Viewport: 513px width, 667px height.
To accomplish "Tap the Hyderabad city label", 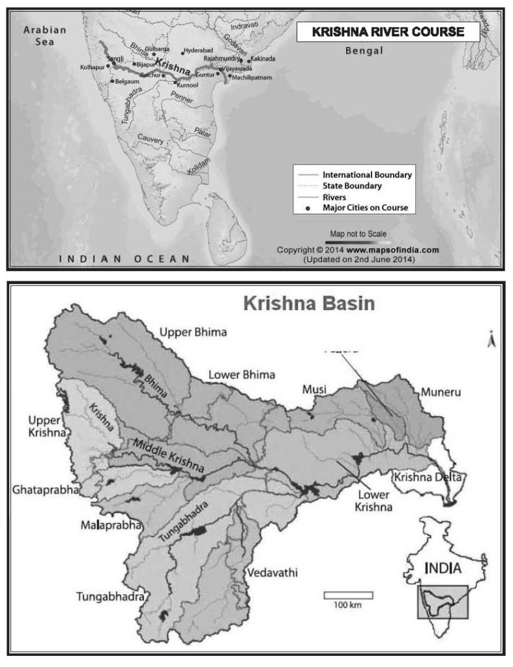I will click(x=198, y=50).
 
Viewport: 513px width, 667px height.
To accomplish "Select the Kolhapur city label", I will click(x=92, y=67).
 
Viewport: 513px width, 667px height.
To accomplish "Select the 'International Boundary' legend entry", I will click(x=367, y=175).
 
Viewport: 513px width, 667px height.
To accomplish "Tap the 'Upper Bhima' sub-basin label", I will click(x=194, y=333).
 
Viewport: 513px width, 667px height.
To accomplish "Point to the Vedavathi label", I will click(x=272, y=573).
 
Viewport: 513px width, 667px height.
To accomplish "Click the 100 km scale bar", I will click(x=348, y=595).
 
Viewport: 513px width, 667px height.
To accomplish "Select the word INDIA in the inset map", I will click(x=443, y=568).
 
